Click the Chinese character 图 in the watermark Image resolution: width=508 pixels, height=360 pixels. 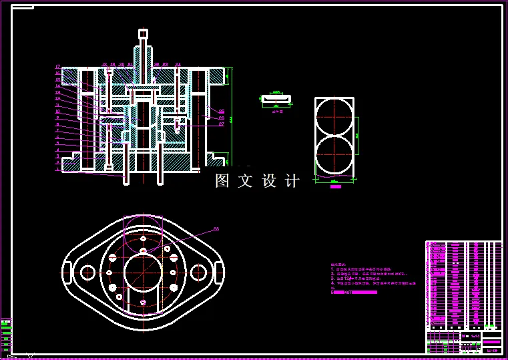coord(222,181)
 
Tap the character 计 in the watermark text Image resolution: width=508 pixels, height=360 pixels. coord(292,181)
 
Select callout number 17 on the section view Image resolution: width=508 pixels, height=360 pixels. coord(58,67)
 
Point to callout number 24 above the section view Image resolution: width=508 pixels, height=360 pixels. coord(178,65)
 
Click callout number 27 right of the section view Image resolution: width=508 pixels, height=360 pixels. coord(221,124)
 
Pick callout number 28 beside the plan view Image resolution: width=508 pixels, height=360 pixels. coord(216,229)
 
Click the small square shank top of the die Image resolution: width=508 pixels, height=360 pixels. coord(143,33)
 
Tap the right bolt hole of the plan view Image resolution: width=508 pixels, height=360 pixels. coord(198,273)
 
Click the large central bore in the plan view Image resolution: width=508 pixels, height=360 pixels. coord(143,272)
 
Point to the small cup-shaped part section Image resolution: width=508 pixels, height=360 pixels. coord(276,100)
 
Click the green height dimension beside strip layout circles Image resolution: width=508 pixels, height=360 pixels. coord(358,136)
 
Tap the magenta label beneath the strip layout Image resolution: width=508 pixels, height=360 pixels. coord(336,186)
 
